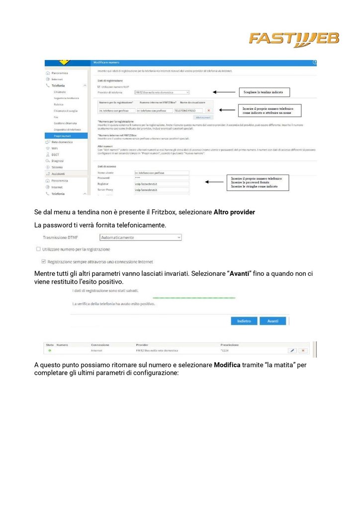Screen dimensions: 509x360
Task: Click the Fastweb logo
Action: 293,39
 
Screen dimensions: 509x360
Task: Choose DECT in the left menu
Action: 56,155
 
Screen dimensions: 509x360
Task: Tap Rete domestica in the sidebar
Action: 62,142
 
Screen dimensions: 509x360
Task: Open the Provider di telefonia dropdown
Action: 162,92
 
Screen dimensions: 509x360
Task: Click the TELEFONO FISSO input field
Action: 187,110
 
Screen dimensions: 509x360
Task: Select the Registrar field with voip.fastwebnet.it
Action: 162,184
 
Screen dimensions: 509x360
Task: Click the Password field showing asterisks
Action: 162,178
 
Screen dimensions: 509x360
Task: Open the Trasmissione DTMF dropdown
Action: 141,238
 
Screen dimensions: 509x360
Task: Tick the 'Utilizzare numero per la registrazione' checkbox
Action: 38,249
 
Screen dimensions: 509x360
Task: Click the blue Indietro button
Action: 244,321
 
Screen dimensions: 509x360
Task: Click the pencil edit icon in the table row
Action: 292,350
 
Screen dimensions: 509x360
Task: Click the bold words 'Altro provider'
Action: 234,212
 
